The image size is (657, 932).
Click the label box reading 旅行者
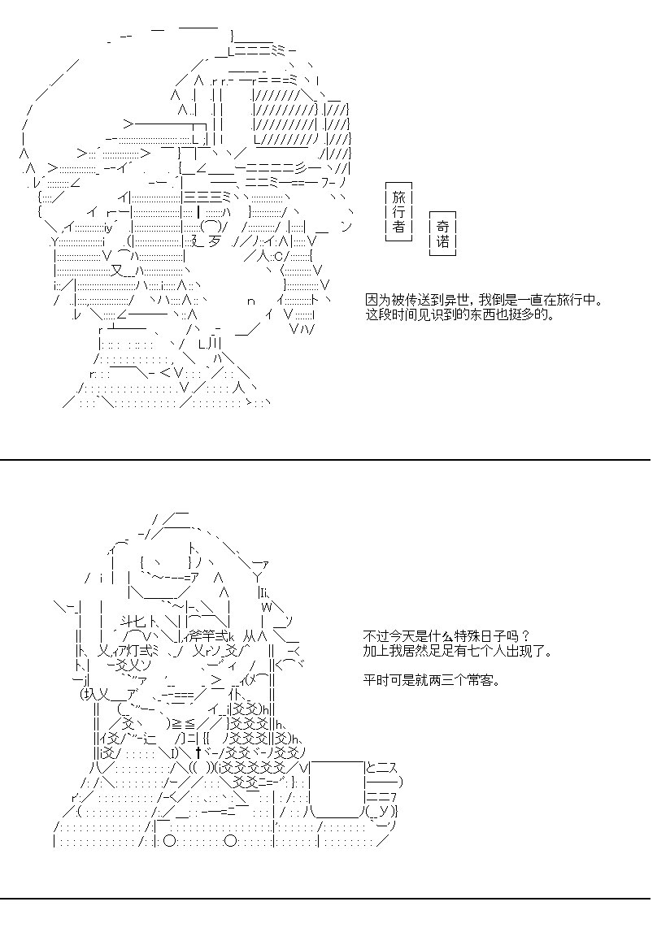pos(399,211)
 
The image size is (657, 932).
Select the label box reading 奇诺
pos(442,234)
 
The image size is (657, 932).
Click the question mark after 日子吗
pos(525,636)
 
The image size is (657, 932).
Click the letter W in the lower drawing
pos(267,607)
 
